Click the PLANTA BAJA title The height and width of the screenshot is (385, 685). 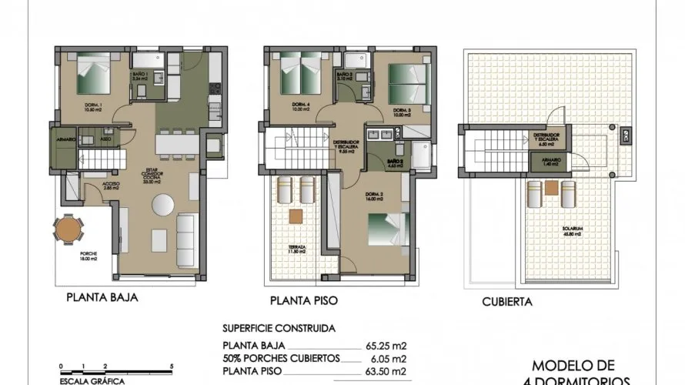[x=102, y=296]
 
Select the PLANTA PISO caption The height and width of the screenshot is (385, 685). [x=304, y=300]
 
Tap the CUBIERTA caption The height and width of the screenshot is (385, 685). [x=507, y=302]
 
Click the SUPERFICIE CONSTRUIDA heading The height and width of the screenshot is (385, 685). [x=278, y=328]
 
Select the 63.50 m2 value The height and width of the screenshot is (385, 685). [x=384, y=371]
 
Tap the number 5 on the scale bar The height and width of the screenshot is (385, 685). [x=172, y=367]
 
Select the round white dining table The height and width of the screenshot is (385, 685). [x=162, y=206]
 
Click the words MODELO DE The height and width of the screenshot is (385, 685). [x=572, y=365]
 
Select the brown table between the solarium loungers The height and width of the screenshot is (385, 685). [x=552, y=188]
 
